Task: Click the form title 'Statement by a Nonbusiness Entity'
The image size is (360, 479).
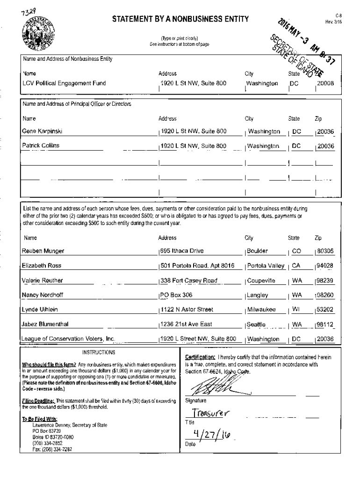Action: pos(180,19)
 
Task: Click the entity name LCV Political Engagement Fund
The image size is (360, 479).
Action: pos(64,84)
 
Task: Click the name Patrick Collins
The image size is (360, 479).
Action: pos(41,146)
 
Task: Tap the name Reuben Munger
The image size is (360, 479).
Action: pos(43,251)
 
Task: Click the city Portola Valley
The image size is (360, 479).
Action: pos(266,266)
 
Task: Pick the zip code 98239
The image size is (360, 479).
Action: pos(325,281)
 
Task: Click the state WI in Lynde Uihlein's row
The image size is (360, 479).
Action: pos(296,310)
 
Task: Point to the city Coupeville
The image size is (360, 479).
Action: pos(261,281)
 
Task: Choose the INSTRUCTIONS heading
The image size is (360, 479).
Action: pos(98,352)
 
